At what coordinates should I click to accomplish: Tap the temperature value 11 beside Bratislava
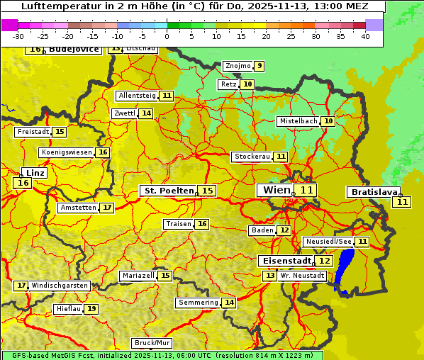tap(403, 202)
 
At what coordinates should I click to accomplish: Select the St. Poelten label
tap(168, 191)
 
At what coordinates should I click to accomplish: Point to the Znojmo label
tap(238, 66)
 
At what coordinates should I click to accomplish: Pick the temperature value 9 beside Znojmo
tap(260, 66)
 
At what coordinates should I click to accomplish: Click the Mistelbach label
tap(298, 121)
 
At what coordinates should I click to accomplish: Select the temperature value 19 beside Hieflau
tap(91, 309)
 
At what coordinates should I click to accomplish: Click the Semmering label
tap(199, 303)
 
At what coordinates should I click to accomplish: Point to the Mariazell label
tap(138, 276)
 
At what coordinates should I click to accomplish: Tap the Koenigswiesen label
tap(67, 152)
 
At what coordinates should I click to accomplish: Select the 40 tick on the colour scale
tap(365, 36)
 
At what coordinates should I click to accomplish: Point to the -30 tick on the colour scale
tap(18, 36)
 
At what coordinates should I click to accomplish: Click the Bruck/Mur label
tap(152, 343)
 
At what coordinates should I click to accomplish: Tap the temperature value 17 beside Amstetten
tap(106, 208)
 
